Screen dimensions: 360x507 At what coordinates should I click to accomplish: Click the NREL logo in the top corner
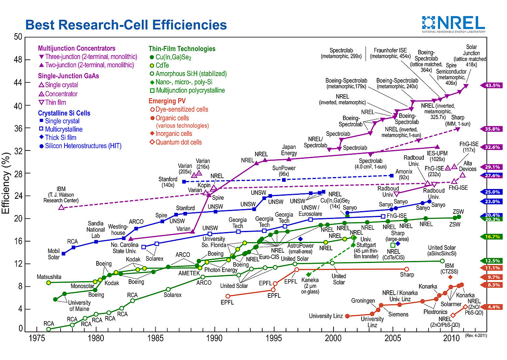pyautogui.click(x=453, y=24)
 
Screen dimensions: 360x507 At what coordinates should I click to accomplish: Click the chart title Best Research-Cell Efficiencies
pyautogui.click(x=126, y=25)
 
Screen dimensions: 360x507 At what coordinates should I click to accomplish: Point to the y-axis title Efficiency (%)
pyautogui.click(x=7, y=182)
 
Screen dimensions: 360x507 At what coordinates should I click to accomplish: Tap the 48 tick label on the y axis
pyautogui.click(x=18, y=60)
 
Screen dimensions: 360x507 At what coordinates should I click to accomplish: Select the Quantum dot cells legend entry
pyautogui.click(x=179, y=142)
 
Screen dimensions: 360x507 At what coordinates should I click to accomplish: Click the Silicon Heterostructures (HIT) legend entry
pyautogui.click(x=83, y=146)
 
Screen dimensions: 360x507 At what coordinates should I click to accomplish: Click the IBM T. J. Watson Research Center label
pyautogui.click(x=61, y=195)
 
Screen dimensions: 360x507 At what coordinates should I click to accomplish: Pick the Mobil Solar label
pyautogui.click(x=53, y=254)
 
